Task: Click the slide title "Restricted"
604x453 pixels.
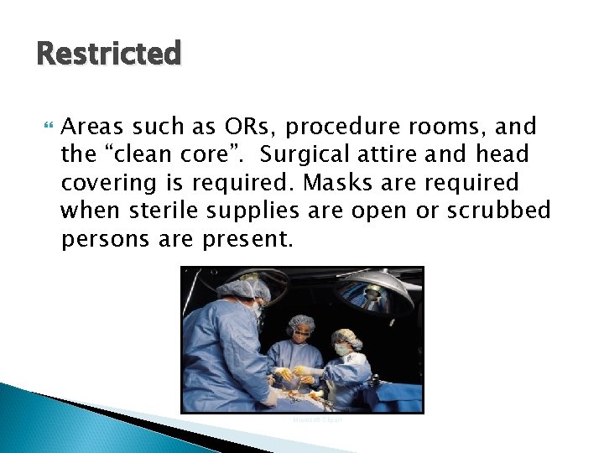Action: (109, 54)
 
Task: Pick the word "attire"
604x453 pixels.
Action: (404, 154)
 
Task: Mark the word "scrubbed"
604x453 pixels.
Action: (498, 210)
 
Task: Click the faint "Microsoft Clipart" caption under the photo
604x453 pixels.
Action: (317, 419)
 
